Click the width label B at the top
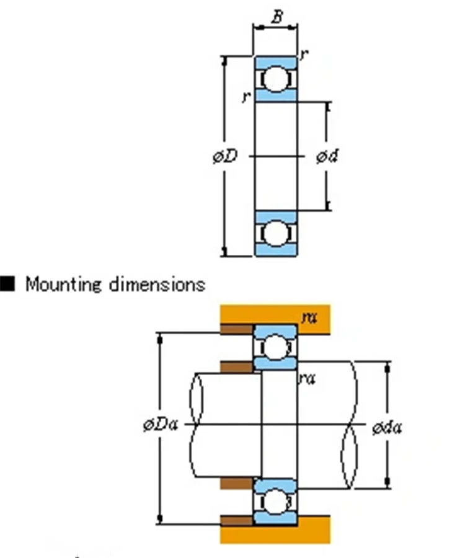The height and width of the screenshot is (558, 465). click(277, 16)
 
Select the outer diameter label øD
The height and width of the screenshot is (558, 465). click(225, 156)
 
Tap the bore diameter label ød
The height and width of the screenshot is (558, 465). click(327, 156)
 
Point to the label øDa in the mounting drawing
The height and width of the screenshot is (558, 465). click(160, 425)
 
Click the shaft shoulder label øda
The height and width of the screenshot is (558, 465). click(387, 427)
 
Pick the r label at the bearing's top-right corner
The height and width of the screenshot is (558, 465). click(304, 54)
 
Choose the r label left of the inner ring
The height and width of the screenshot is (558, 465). click(246, 97)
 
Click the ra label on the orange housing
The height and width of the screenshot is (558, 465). click(309, 317)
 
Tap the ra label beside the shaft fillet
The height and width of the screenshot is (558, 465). click(307, 379)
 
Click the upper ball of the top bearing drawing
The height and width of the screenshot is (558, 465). click(276, 79)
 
